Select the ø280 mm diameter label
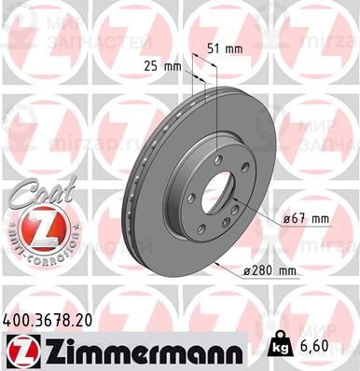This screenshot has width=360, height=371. (270, 271)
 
